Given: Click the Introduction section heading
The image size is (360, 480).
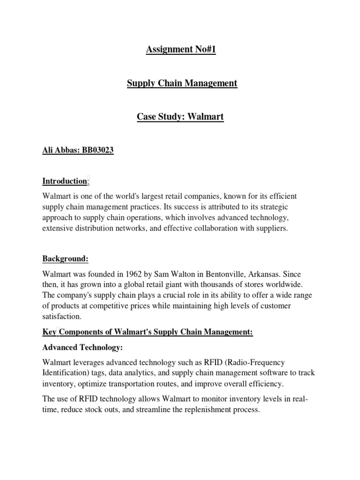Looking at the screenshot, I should coord(65,181).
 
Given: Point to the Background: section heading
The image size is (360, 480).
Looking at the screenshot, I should coord(65,259).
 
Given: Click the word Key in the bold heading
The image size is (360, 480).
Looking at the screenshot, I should coord(49,332).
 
